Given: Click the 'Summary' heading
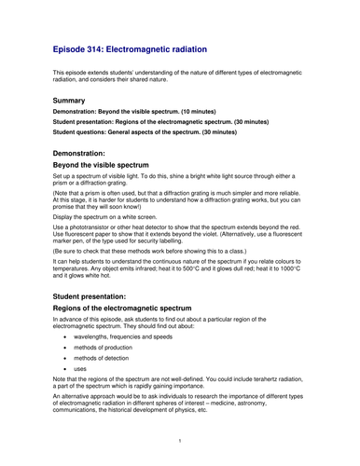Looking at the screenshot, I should [70, 100].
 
